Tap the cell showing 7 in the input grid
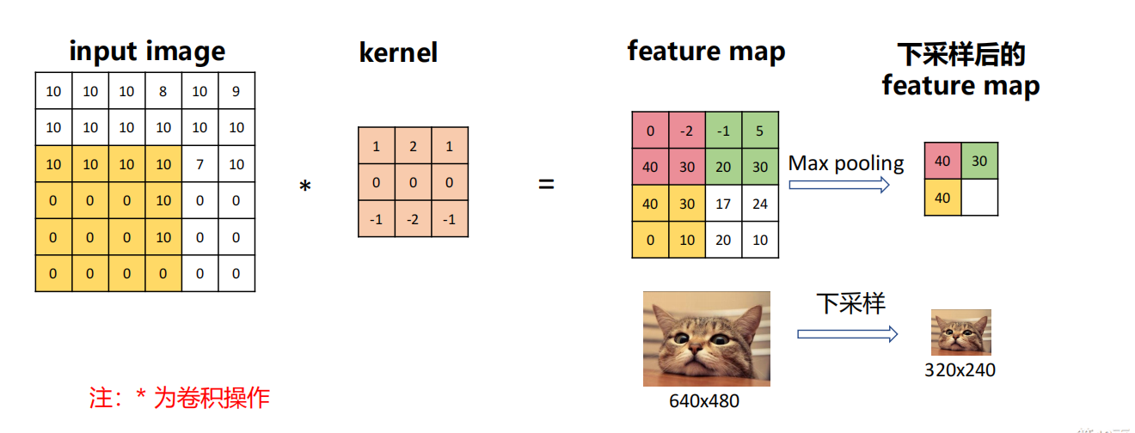[200, 164]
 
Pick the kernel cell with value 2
[413, 147]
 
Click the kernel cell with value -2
[413, 218]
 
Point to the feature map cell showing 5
[760, 131]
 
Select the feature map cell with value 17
[723, 204]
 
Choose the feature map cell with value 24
[760, 204]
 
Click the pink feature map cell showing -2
[687, 131]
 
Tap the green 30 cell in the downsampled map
[980, 161]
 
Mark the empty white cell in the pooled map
[980, 197]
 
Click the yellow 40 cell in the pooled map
[943, 197]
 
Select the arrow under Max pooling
[838, 185]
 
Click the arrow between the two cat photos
[847, 333]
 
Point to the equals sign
[546, 184]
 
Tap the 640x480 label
[704, 400]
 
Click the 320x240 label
[960, 370]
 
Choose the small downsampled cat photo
[961, 332]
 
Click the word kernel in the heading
[398, 53]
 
